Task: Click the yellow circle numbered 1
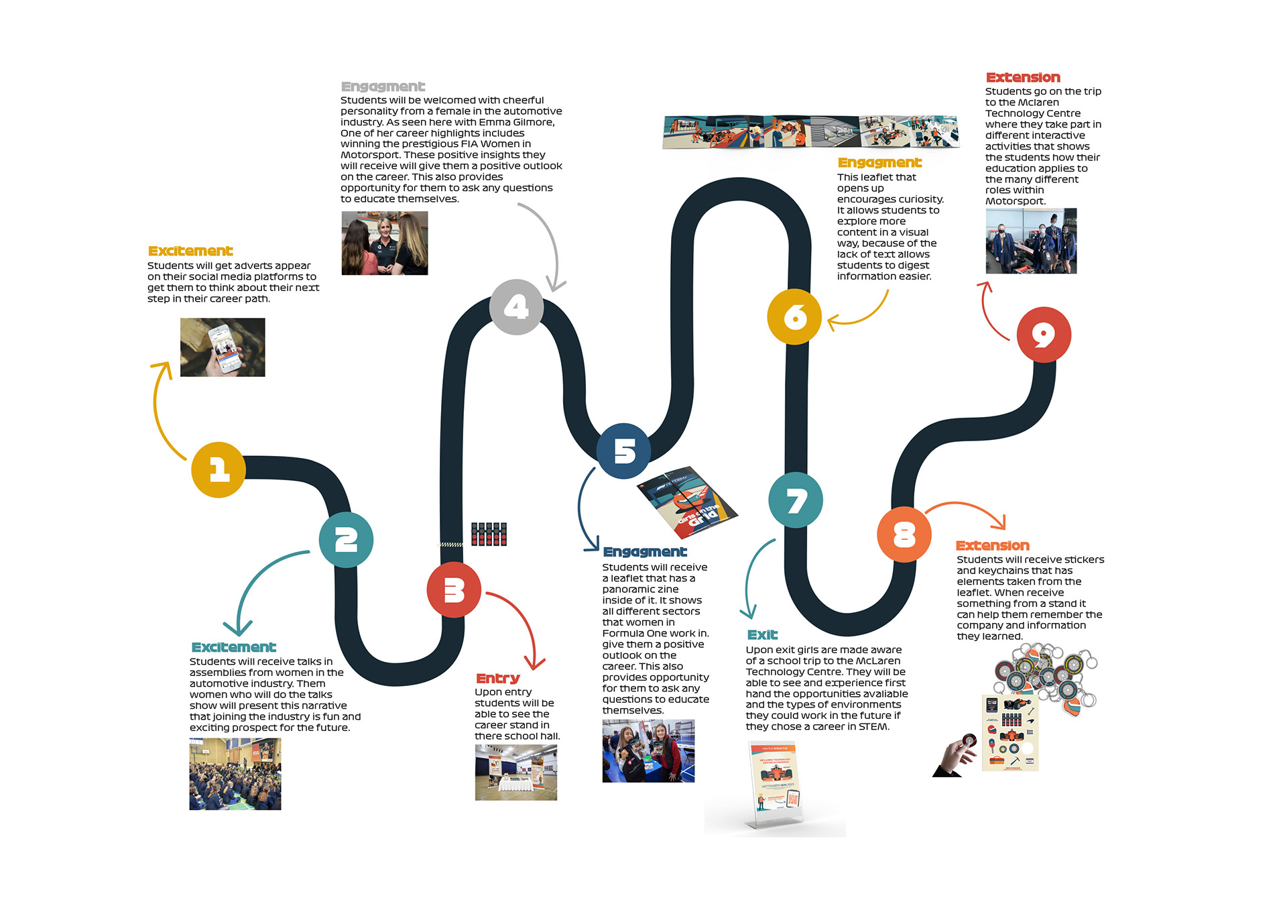(x=219, y=469)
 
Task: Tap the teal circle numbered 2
(x=346, y=540)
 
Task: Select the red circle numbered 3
(x=454, y=590)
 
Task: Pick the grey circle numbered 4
(x=516, y=307)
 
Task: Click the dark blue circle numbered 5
(x=623, y=451)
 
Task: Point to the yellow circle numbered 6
(x=794, y=317)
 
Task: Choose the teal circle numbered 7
(x=796, y=500)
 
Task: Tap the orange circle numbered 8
(x=904, y=534)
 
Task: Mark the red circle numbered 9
(x=1044, y=335)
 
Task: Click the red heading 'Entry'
(x=497, y=679)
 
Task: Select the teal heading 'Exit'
(x=762, y=635)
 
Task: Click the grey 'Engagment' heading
(x=383, y=87)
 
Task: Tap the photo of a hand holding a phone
(x=223, y=347)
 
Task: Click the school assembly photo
(x=235, y=774)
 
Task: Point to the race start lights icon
(x=489, y=534)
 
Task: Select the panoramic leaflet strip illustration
(x=810, y=131)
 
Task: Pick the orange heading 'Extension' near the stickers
(x=992, y=546)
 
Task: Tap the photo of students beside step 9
(x=1031, y=241)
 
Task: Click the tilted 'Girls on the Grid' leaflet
(x=686, y=502)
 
